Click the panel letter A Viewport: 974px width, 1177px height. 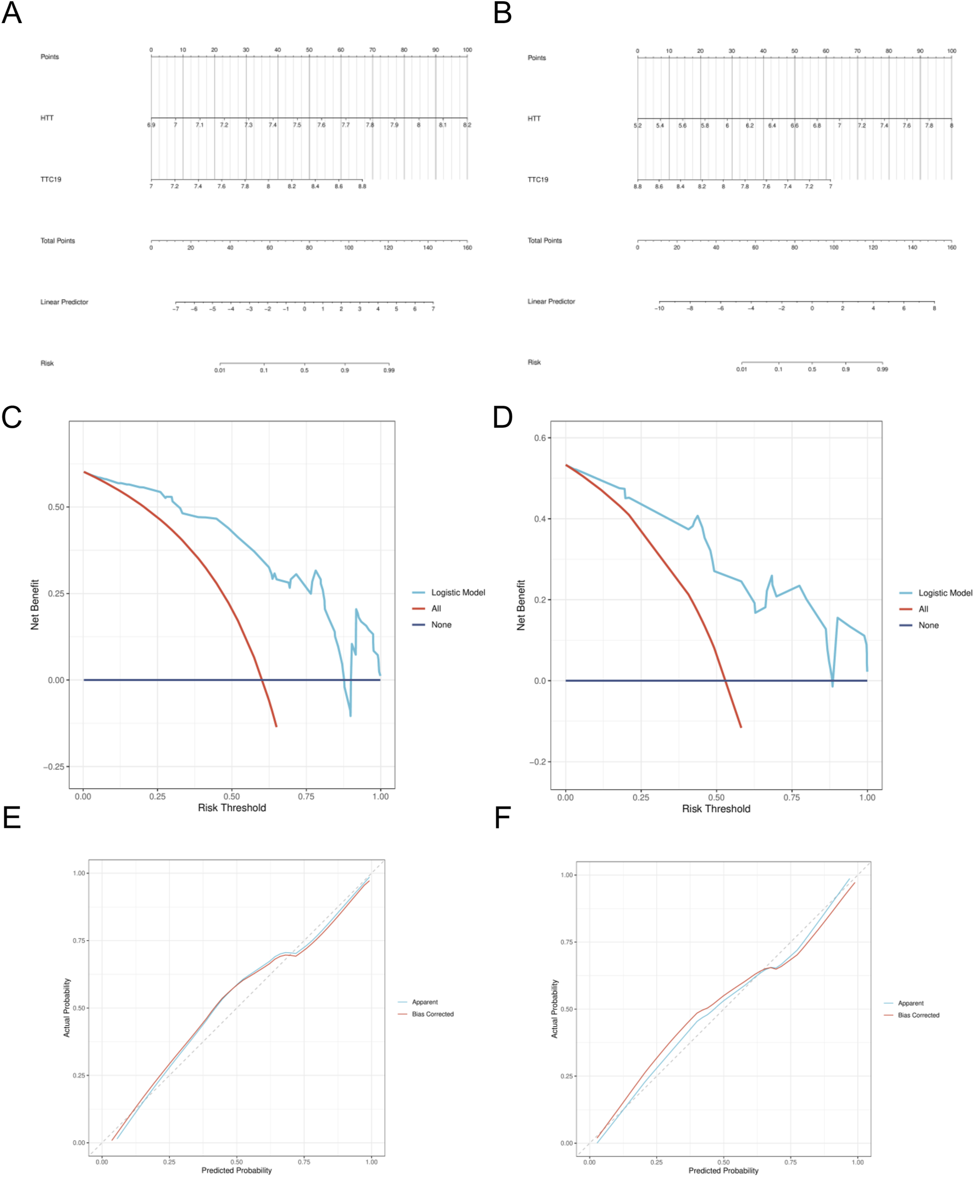click(12, 13)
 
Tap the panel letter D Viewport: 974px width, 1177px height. click(503, 418)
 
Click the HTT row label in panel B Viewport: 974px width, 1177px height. click(534, 119)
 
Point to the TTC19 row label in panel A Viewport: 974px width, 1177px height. click(51, 179)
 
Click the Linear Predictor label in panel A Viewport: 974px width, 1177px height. click(64, 302)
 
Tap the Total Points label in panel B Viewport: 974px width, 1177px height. click(544, 240)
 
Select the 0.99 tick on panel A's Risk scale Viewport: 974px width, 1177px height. click(389, 370)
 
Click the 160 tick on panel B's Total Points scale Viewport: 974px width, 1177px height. click(951, 247)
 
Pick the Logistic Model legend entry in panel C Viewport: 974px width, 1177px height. click(457, 593)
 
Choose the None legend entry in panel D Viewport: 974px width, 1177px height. click(928, 626)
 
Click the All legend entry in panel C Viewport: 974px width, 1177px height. click(436, 609)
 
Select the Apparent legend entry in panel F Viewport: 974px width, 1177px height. click(910, 1003)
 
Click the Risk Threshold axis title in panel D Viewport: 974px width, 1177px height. click(716, 809)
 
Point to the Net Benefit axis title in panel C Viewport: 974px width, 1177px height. click(35, 605)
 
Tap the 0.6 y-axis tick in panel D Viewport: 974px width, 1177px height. click(540, 438)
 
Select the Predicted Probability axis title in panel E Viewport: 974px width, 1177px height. click(236, 1170)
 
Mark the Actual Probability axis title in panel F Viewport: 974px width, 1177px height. click(554, 1009)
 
